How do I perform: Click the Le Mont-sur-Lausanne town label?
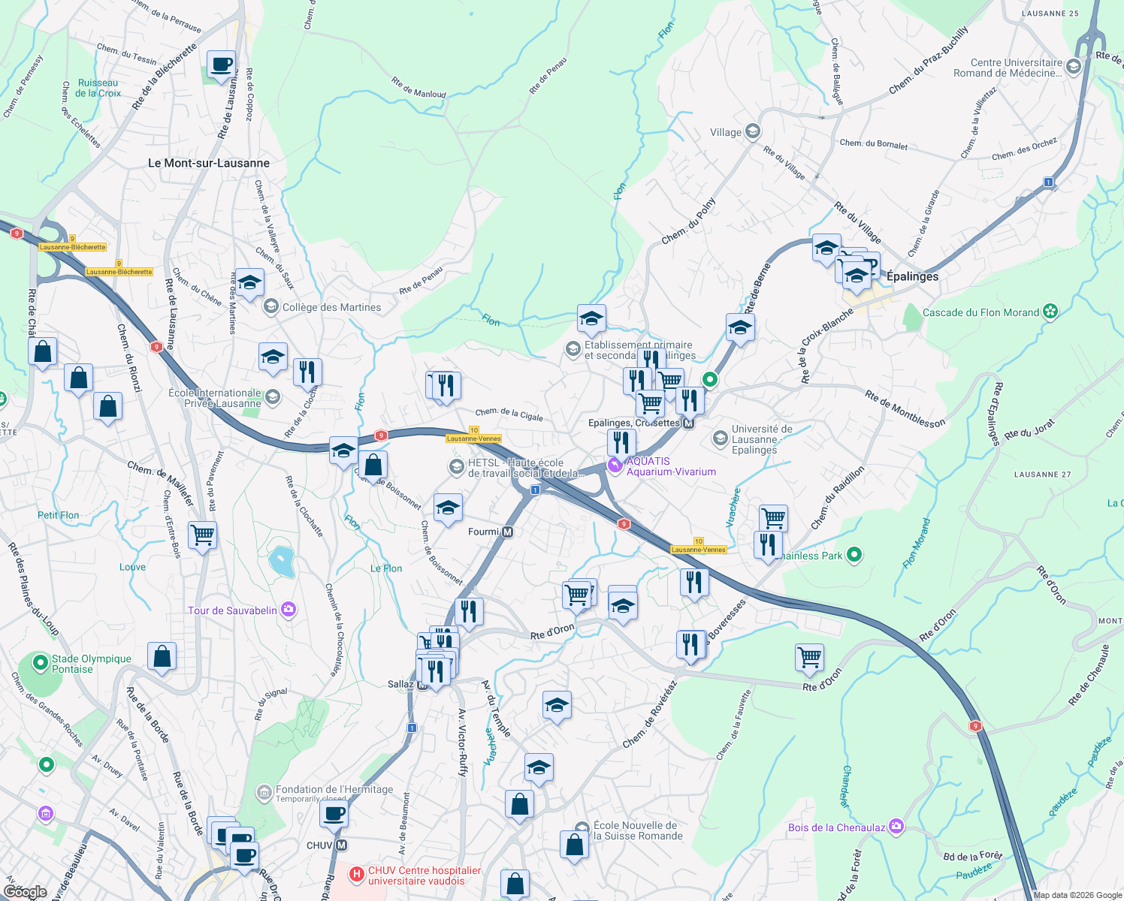[208, 163]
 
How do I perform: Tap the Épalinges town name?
[912, 276]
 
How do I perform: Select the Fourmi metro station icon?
[508, 532]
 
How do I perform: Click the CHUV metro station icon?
[342, 845]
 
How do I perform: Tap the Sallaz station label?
[401, 684]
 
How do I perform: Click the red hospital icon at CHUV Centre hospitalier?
[357, 875]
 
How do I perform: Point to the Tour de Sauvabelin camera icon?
[288, 610]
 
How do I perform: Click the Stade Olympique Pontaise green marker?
[41, 664]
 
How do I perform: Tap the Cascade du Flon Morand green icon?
[1050, 312]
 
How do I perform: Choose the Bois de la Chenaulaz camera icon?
[896, 827]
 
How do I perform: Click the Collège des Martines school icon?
[270, 307]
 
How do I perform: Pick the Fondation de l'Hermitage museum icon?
[264, 792]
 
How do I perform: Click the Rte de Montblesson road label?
[905, 409]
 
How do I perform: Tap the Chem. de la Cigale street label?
[509, 414]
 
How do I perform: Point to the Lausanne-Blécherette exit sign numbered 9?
[73, 247]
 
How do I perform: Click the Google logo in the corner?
[25, 891]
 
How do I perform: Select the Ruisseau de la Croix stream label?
[98, 88]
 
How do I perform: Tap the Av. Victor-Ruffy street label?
[463, 742]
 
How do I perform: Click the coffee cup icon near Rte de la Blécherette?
[221, 65]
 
